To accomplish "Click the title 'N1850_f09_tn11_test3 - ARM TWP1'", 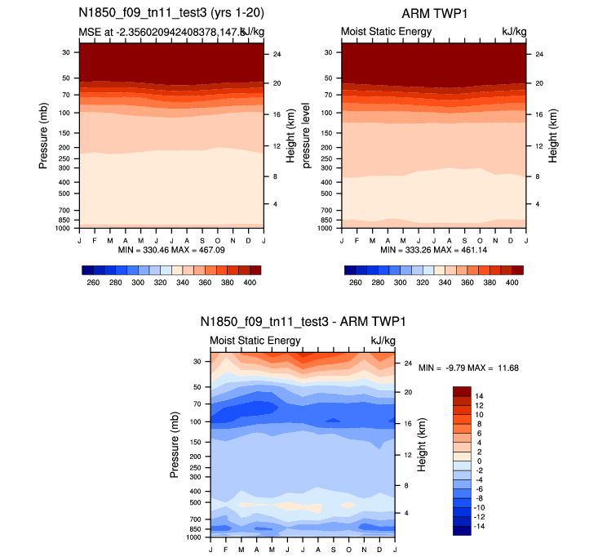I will [302, 322].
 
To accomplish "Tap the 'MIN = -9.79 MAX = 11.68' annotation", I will [469, 368].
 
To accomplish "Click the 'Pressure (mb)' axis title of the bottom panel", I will [175, 445].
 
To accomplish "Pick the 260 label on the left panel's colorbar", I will [93, 282].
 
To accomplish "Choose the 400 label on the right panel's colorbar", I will [512, 282].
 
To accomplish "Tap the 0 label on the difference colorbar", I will [479, 461].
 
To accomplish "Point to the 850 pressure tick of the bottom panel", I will [196, 529].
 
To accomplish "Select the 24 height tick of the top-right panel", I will [538, 54].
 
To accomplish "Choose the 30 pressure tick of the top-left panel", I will [66, 51].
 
